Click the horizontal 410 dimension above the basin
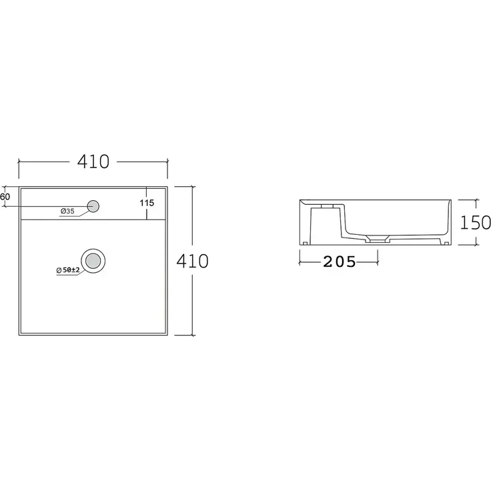tap(93, 161)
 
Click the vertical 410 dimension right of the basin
tap(192, 261)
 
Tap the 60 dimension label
tap(5, 197)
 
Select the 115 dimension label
tap(147, 203)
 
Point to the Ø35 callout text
tap(67, 211)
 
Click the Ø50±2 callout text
tap(68, 270)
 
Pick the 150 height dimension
tap(475, 223)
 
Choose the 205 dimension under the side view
tap(340, 262)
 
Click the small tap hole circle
tap(93, 206)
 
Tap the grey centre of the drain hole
tap(93, 261)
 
